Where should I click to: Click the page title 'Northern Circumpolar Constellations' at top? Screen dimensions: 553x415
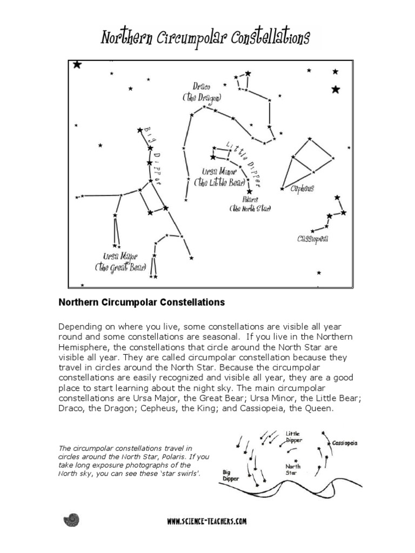click(205, 38)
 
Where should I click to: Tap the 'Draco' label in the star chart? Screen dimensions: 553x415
click(202, 86)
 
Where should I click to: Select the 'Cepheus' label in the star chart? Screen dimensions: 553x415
click(302, 189)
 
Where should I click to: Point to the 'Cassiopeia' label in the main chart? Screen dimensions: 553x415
click(313, 238)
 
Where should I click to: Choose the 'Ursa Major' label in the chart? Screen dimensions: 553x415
click(121, 256)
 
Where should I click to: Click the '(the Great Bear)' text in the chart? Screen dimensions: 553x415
click(121, 267)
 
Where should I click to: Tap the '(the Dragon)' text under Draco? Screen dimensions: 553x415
click(202, 97)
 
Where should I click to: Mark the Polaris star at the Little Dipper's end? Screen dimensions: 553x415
click(249, 191)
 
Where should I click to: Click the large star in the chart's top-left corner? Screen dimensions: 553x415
click(77, 65)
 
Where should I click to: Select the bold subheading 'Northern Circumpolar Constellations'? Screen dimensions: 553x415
click(141, 302)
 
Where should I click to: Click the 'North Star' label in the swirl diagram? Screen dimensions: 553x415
click(293, 469)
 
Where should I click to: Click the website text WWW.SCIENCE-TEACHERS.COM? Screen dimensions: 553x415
click(207, 521)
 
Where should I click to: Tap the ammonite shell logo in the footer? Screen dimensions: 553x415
click(71, 520)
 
